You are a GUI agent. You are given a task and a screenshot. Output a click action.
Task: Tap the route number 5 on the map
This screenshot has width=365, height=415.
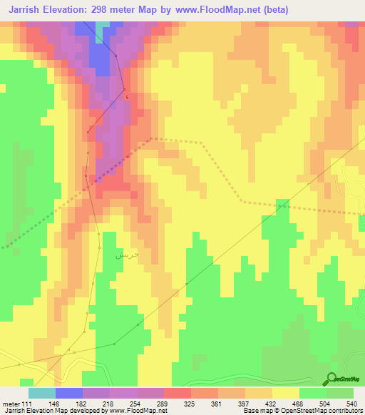pyautogui.click(x=127, y=97)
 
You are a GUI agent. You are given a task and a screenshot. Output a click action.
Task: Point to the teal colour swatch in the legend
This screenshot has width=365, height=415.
pyautogui.click(x=42, y=393)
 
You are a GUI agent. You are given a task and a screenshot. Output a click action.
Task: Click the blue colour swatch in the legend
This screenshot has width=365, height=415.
pyautogui.click(x=69, y=393)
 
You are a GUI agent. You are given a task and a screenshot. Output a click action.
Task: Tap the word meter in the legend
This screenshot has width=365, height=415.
pyautogui.click(x=11, y=404)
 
